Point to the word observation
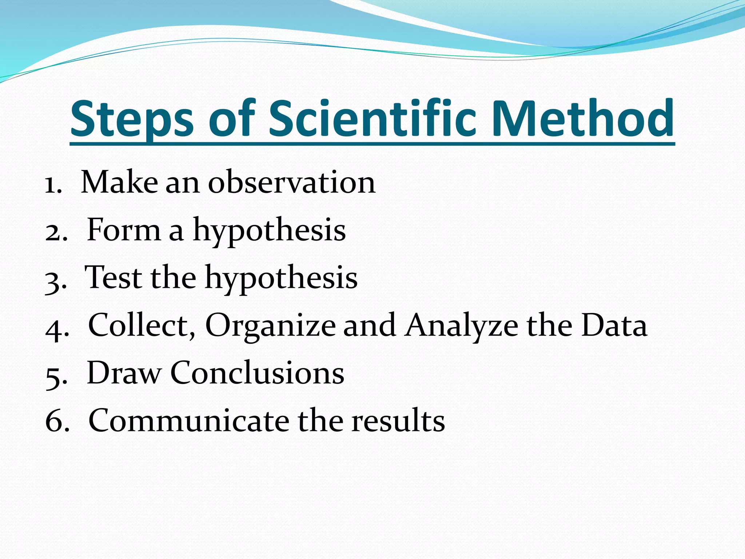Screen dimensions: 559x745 (x=291, y=182)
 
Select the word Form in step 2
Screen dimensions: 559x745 (x=124, y=230)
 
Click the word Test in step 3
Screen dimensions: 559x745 (x=113, y=278)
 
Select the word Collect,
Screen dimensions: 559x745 (x=142, y=325)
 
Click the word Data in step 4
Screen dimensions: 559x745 (x=614, y=325)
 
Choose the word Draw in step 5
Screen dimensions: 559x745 (x=124, y=373)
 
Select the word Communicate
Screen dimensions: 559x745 (x=189, y=421)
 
